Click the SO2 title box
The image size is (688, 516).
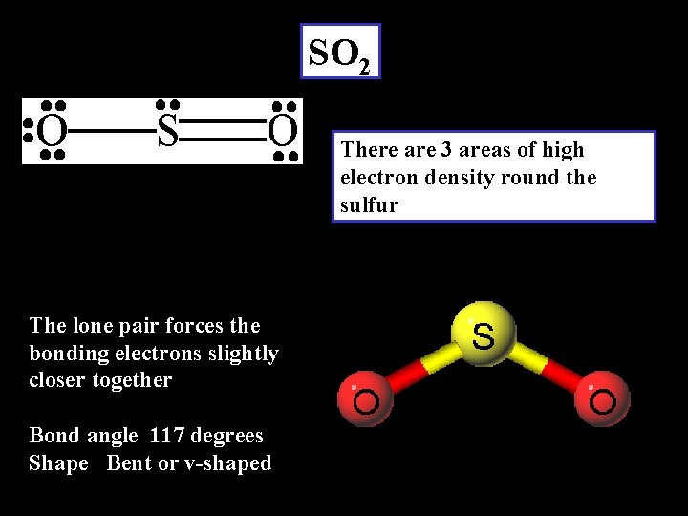click(x=340, y=52)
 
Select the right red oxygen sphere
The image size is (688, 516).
click(x=602, y=398)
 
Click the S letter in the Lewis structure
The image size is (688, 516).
click(x=167, y=132)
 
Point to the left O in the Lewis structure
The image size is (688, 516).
click(x=53, y=132)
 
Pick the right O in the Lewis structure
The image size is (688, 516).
click(x=283, y=132)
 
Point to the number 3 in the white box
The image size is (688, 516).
click(x=447, y=150)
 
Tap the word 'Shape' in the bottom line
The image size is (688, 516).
click(x=58, y=463)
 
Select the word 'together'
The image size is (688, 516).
click(x=133, y=380)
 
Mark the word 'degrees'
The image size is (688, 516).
click(x=226, y=436)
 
